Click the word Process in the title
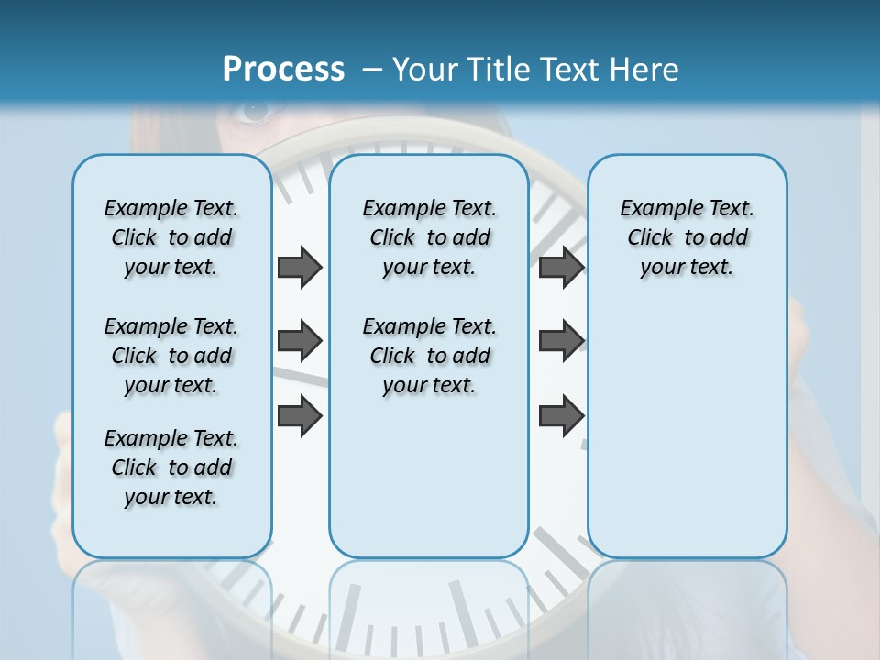click(283, 69)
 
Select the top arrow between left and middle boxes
click(300, 267)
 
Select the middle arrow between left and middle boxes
click(300, 341)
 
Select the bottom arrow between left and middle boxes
click(300, 416)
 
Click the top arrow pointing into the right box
click(561, 267)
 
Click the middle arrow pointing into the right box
click(561, 341)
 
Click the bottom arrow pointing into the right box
click(561, 416)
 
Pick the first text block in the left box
click(171, 237)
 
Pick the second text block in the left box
click(171, 356)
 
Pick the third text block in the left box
click(171, 467)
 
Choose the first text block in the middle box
click(429, 237)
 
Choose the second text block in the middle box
click(429, 356)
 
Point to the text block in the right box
click(687, 237)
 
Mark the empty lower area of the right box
click(687, 431)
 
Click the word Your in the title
click(424, 70)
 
